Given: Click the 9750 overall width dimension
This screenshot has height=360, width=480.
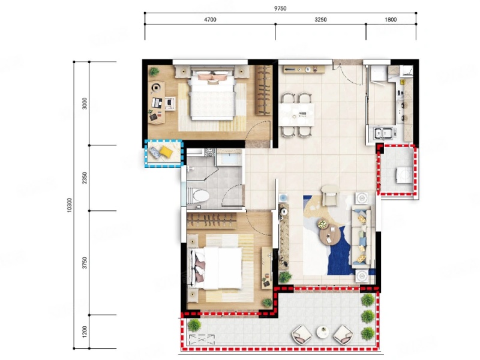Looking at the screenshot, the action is point(280,8).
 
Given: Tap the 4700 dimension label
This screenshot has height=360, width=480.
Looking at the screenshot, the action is point(210,20).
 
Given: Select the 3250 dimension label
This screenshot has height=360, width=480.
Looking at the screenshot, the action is point(320,20).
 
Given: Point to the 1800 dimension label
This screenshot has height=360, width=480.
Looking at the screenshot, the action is point(391,20).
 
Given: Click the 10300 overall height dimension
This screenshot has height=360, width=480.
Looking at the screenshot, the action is point(69,205).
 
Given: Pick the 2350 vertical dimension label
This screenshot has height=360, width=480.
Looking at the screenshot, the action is point(85,178).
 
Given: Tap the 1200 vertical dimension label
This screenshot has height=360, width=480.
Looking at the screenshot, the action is point(85,332).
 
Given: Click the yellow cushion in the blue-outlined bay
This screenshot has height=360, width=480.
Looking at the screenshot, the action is point(166,151).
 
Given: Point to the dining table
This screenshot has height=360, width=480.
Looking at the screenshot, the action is point(296,115).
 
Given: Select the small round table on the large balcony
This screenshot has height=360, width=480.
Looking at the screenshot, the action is point(323,332).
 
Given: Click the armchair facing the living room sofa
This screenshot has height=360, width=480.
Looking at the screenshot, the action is point(330,195).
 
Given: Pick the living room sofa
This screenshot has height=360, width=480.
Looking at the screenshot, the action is point(363,235).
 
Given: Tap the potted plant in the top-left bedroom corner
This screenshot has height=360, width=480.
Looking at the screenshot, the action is point(154,72).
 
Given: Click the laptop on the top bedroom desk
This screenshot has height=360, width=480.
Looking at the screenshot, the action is point(157,103).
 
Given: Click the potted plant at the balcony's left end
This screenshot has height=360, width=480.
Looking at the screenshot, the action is point(194,325).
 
